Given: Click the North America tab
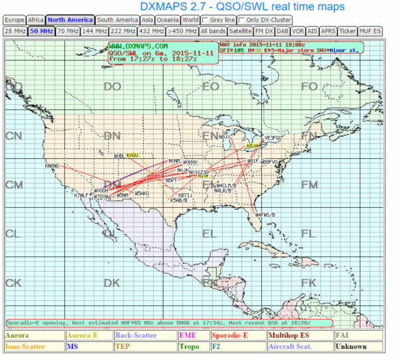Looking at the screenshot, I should pyautogui.click(x=70, y=20).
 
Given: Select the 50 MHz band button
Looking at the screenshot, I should pyautogui.click(x=41, y=31).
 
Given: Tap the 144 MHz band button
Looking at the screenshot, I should pyautogui.click(x=96, y=31).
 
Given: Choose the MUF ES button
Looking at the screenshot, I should pyautogui.click(x=370, y=31).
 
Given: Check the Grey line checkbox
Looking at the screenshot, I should pyautogui.click(x=205, y=20).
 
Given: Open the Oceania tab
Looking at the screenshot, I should pyautogui.click(x=168, y=20).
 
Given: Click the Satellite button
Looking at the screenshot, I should pyautogui.click(x=239, y=31).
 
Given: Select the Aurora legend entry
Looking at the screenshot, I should pyautogui.click(x=17, y=336).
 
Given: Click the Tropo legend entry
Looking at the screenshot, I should pyautogui.click(x=189, y=347).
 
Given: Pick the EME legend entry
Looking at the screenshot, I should pyautogui.click(x=186, y=336).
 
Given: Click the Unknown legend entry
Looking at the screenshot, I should pyautogui.click(x=351, y=347).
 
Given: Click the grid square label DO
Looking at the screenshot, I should pyautogui.click(x=112, y=86).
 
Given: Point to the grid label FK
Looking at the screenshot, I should pyautogui.click(x=309, y=283).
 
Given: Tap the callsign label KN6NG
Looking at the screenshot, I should pyautogui.click(x=52, y=165).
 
